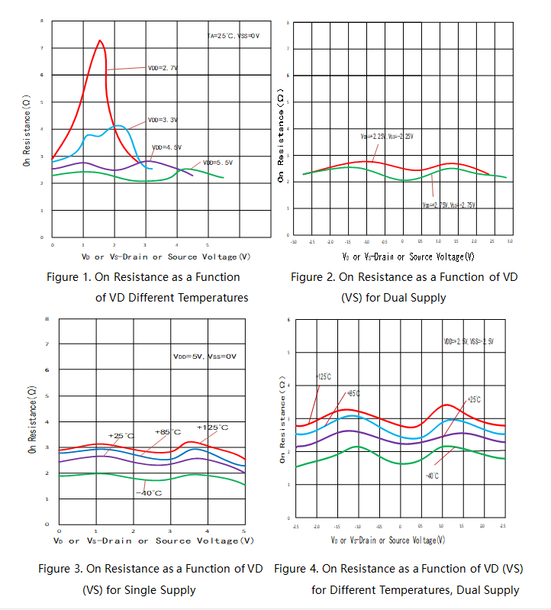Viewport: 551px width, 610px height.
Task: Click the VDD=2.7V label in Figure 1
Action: pos(163,68)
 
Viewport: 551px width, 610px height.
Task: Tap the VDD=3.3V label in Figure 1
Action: pos(163,120)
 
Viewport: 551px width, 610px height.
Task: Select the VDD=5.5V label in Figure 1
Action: pos(217,163)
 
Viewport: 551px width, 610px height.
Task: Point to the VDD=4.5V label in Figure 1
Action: pos(166,147)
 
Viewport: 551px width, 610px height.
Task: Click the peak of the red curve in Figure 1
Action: pos(100,40)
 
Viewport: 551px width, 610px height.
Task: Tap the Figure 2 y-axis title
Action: pos(281,137)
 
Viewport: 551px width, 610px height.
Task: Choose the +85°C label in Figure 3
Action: pos(167,431)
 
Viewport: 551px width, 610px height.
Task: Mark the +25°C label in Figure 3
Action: pos(121,435)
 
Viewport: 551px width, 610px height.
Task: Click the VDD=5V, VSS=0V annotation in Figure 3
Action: pos(205,357)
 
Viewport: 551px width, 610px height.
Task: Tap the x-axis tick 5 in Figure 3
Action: pos(243,530)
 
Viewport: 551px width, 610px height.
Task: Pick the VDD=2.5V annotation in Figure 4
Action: pos(469,341)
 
